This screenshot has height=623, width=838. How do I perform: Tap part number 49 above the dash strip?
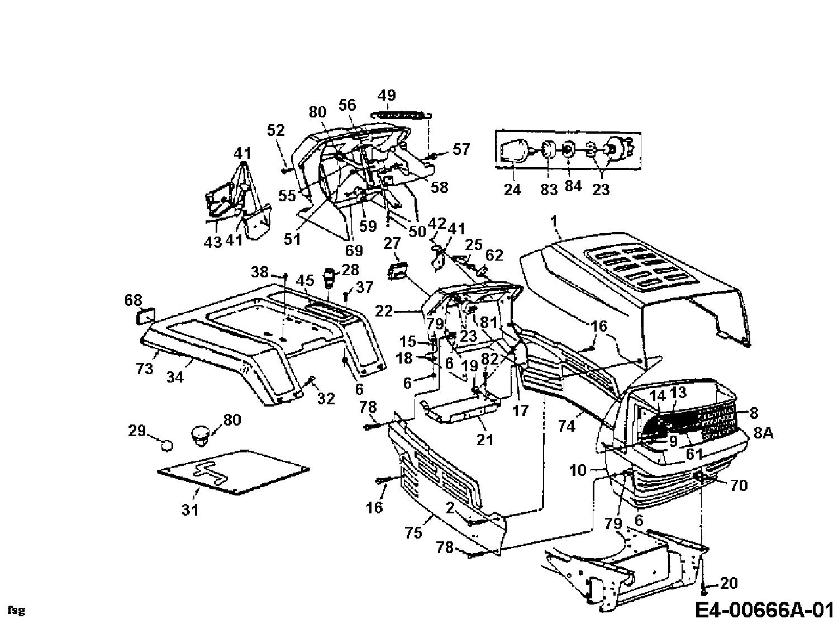387,95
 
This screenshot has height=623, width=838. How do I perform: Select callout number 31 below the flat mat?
191,509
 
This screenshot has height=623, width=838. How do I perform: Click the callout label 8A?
763,433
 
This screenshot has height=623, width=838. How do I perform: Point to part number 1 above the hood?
554,222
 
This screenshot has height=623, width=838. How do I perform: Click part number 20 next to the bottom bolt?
729,583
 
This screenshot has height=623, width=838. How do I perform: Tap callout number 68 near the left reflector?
134,300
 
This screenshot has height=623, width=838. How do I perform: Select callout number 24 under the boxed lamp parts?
512,190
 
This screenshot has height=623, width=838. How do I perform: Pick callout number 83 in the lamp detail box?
549,190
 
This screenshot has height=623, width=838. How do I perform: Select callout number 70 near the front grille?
739,485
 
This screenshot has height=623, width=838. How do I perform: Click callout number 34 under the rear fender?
175,377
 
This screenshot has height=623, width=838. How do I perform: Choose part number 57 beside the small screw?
461,149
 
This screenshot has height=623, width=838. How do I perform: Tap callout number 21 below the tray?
485,440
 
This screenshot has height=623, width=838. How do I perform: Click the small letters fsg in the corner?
17,610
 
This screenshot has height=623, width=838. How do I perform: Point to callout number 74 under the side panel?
566,426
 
